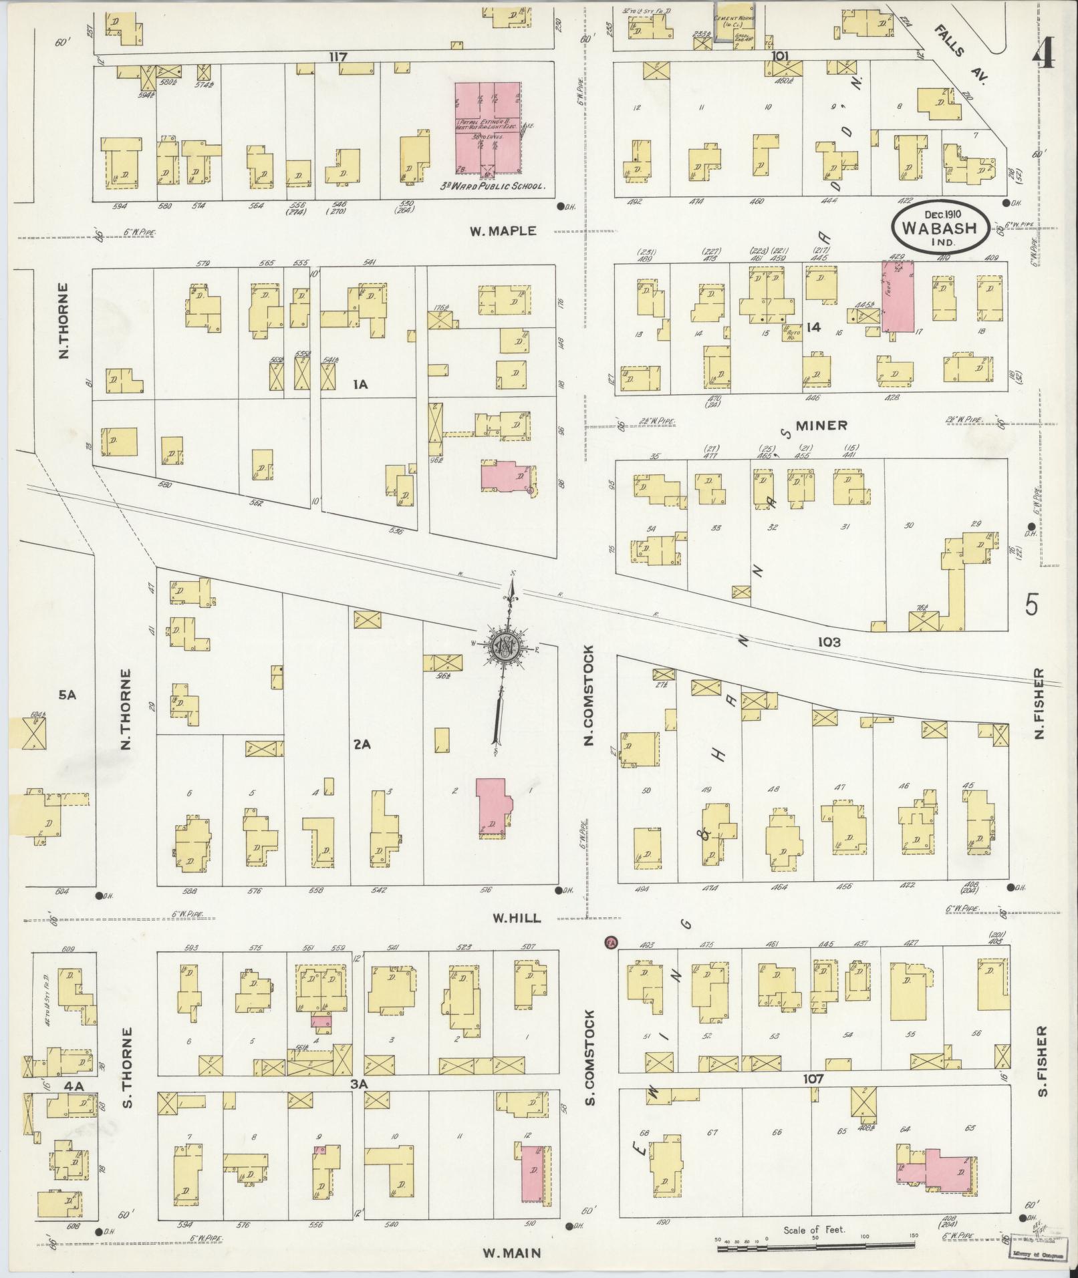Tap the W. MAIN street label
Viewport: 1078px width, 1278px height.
point(511,1253)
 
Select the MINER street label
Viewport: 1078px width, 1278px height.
point(821,425)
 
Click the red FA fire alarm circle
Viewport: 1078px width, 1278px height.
point(610,943)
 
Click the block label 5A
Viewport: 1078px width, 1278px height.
point(67,695)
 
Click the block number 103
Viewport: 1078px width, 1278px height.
point(828,642)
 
